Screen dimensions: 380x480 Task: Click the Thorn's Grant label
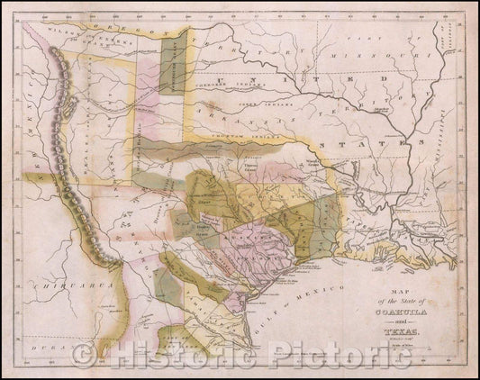coord(249,164)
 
